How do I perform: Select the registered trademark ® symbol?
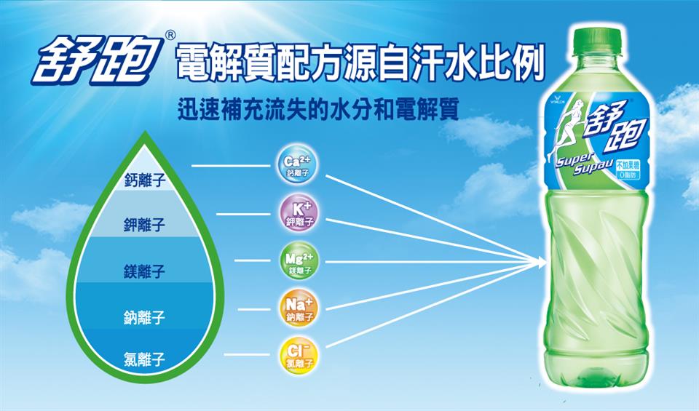170,34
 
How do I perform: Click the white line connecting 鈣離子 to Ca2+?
229,167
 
